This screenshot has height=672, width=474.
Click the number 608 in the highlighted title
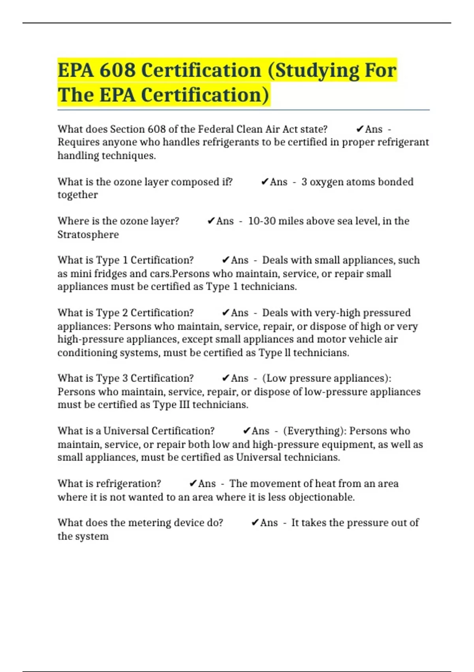coord(118,70)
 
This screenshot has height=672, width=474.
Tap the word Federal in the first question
coord(216,129)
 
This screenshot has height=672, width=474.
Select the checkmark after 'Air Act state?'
coord(359,129)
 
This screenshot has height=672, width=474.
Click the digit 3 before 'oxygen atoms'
coord(304,182)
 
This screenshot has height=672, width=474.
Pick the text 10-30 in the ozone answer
coord(261,221)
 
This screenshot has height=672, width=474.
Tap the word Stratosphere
coord(88,234)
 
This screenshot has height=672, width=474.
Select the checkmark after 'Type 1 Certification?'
coord(226,260)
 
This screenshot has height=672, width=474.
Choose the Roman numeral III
coord(184,405)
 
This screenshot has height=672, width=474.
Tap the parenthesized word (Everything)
coord(314,431)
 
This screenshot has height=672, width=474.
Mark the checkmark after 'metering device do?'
coord(255,523)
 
